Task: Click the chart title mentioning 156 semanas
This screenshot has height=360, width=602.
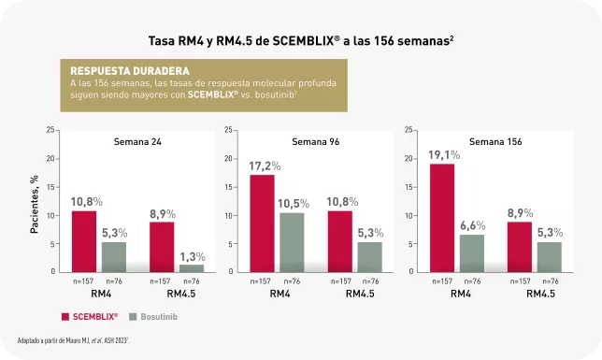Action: [x=301, y=41]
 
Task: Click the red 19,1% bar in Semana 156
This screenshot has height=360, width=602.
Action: [x=442, y=218]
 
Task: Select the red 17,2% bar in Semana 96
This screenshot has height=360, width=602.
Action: [x=263, y=223]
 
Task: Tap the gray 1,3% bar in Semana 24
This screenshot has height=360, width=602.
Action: [x=192, y=267]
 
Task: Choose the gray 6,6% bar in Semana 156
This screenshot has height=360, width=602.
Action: [x=471, y=252]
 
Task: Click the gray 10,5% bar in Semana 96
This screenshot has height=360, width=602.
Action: [x=293, y=242]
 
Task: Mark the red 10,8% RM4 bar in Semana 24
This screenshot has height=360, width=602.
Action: [x=84, y=240]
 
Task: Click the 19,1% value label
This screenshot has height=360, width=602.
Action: [x=444, y=155]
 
